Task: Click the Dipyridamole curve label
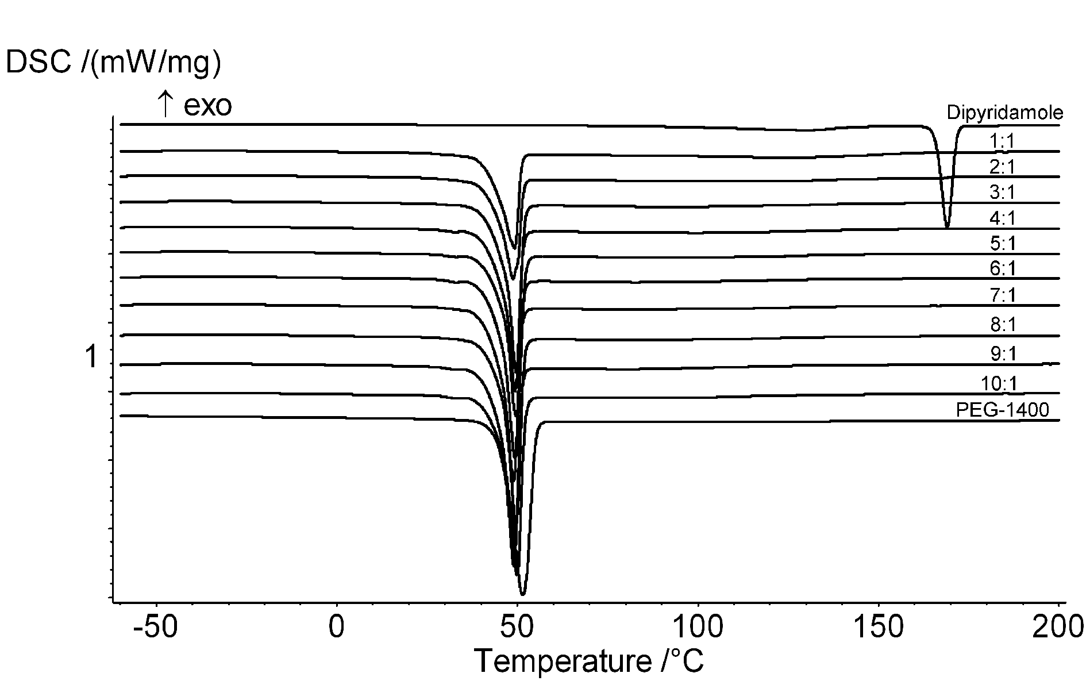coord(1004,113)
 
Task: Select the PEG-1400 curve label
coord(1002,410)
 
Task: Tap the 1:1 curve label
coord(1002,141)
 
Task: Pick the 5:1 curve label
coord(1002,244)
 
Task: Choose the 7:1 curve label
coord(1002,295)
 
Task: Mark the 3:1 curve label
coord(1002,192)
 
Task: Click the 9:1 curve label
coord(1002,354)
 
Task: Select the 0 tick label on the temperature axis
coord(337,628)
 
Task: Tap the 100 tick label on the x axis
coord(698,628)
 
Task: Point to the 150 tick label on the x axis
coord(879,628)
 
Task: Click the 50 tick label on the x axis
coord(517,628)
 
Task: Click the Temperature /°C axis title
coord(588,661)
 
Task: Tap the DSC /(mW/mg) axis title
coord(113,63)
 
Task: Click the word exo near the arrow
coord(207,106)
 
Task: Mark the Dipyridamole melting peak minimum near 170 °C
coord(946,227)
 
